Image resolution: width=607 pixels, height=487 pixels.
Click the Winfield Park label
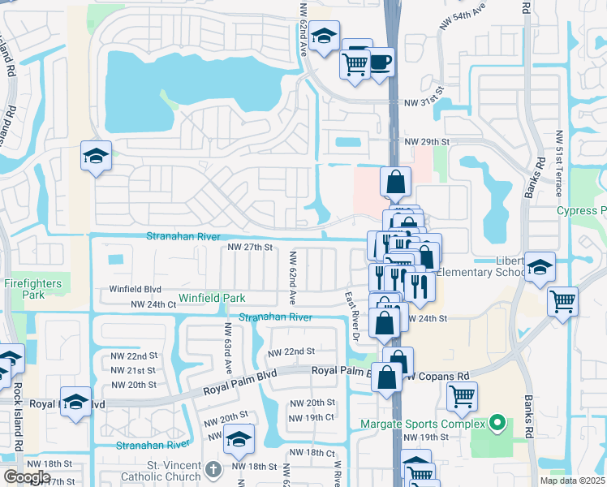click(x=212, y=299)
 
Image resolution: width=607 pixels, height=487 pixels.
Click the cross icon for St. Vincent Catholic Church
click(x=213, y=469)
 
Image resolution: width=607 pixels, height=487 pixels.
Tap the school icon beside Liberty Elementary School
click(x=540, y=268)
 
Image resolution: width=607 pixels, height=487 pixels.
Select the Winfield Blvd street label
click(x=136, y=289)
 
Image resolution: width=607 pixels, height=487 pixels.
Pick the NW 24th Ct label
click(x=153, y=305)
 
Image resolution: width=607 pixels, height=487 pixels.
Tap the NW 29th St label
click(x=428, y=142)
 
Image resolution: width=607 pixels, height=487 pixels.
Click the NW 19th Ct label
click(x=312, y=417)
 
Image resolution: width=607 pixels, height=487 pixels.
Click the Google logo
click(x=26, y=477)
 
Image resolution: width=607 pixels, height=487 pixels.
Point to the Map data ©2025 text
click(x=573, y=481)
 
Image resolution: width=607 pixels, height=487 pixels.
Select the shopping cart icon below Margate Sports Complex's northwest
click(x=462, y=397)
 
